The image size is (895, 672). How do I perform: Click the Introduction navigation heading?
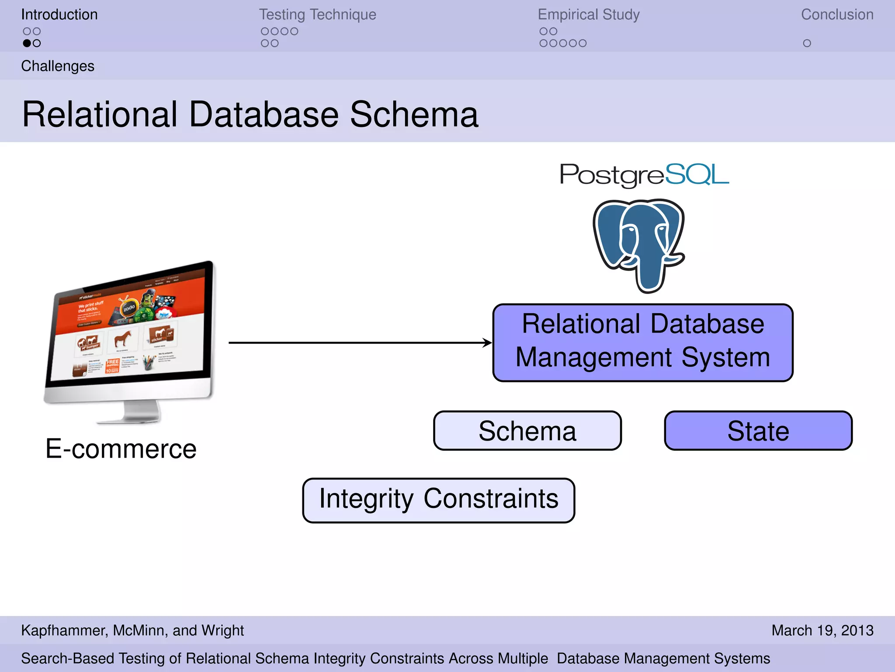(x=59, y=14)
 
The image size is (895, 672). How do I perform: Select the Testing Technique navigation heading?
(x=317, y=14)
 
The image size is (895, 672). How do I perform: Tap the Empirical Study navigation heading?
(x=588, y=14)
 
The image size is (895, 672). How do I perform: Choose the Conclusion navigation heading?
(x=837, y=14)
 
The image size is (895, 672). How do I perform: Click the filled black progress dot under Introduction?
(x=27, y=43)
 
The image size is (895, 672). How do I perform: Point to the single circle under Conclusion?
(x=807, y=43)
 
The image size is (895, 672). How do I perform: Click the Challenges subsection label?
(x=58, y=66)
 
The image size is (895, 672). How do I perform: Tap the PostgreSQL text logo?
(x=644, y=175)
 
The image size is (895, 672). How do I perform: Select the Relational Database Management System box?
(x=642, y=343)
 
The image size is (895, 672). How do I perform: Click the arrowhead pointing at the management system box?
(x=487, y=343)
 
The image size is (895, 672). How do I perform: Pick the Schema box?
(x=527, y=431)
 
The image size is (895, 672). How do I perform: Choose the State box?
(x=758, y=431)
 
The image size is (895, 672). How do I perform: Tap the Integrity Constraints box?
(x=438, y=500)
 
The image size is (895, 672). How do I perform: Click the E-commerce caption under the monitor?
(x=121, y=449)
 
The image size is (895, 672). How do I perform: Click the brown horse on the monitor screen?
(x=123, y=338)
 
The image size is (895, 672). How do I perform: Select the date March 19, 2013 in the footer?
(x=822, y=630)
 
